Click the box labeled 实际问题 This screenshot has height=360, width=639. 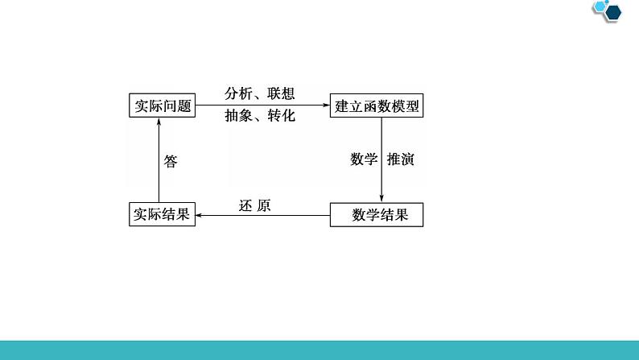[162, 106]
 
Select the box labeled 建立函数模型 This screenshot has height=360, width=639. [377, 106]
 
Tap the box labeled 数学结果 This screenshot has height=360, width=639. [376, 214]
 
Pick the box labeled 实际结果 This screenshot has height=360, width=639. [162, 214]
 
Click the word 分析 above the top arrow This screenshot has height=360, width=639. [239, 93]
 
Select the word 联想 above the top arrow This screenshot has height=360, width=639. [281, 93]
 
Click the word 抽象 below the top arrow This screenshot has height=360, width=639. [239, 116]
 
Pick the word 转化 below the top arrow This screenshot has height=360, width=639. [281, 116]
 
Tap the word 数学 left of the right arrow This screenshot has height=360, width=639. [364, 159]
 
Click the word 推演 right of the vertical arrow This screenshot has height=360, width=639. [400, 159]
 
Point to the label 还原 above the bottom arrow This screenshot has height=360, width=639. [255, 205]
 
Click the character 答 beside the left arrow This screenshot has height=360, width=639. [171, 161]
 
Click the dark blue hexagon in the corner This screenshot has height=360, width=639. [612, 10]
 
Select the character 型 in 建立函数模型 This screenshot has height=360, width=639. [413, 106]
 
